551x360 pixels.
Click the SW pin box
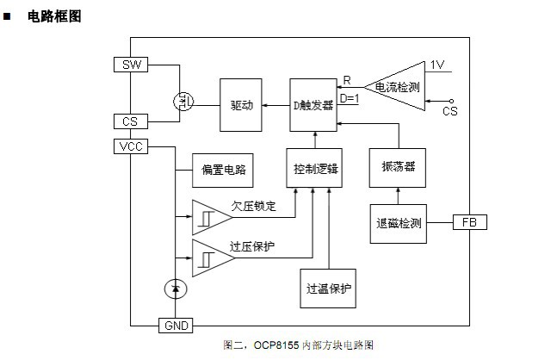(x=131, y=65)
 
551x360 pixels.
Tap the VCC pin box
(x=131, y=146)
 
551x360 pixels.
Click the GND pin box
(x=176, y=326)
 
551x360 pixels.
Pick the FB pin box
(x=469, y=222)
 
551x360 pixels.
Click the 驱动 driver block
(x=241, y=104)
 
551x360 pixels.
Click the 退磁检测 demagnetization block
(x=398, y=223)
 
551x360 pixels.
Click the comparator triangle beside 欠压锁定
(x=207, y=216)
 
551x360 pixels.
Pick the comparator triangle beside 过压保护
(x=207, y=256)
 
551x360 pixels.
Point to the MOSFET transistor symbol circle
(x=183, y=102)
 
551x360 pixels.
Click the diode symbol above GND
(x=176, y=289)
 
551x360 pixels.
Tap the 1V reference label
(x=438, y=65)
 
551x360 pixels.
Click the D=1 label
(x=350, y=98)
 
